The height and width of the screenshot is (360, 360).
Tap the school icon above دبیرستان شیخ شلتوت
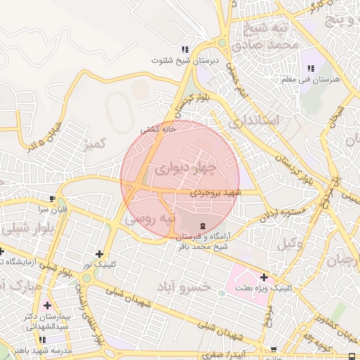[x=185, y=49]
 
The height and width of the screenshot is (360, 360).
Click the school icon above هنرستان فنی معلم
[x=311, y=68]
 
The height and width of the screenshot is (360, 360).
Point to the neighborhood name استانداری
[x=253, y=121]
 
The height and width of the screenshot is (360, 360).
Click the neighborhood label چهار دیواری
[x=181, y=169]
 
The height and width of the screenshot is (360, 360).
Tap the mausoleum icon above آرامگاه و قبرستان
[x=202, y=225]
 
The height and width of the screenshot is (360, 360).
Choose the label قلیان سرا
[x=52, y=210]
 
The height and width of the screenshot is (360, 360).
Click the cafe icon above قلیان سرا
[x=52, y=198]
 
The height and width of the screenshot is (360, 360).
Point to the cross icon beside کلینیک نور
[x=99, y=254]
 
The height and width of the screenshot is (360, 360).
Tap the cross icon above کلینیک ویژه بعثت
[x=264, y=277]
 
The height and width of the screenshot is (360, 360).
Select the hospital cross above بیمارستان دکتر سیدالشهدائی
[x=47, y=305]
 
